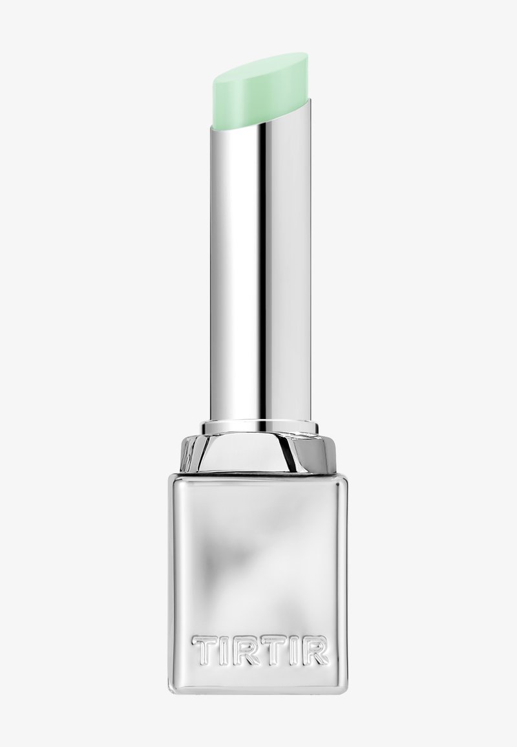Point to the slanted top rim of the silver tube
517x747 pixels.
[x=259, y=113]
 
